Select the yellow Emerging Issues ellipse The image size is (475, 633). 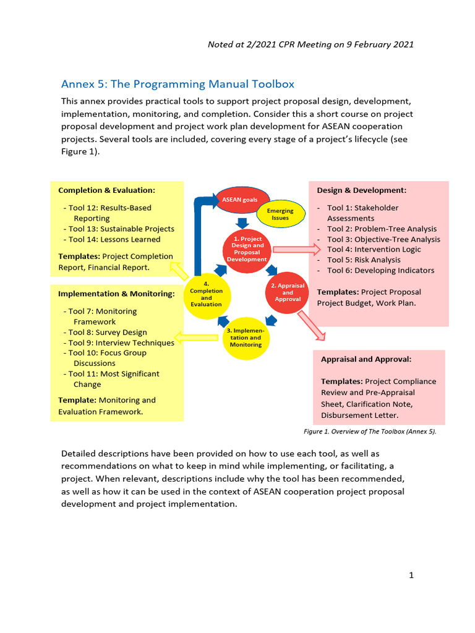280,214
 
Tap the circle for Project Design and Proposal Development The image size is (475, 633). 247,249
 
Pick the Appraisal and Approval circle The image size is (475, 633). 288,292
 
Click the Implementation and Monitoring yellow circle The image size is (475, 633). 246,338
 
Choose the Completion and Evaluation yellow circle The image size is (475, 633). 206,294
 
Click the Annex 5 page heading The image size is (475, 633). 178,83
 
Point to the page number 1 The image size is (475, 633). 411,576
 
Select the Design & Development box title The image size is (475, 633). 362,190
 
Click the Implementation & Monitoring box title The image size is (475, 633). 116,294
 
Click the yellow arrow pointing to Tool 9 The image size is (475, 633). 197,338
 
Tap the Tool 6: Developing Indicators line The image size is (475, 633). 380,270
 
